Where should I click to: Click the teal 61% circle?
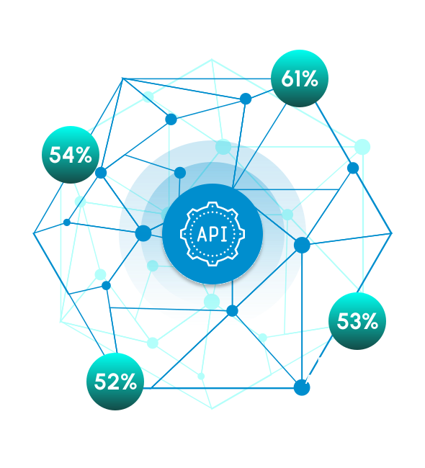pyautogui.click(x=300, y=78)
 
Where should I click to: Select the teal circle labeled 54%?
pyautogui.click(x=71, y=155)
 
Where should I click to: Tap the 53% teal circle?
pyautogui.click(x=357, y=321)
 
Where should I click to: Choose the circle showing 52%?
pyautogui.click(x=115, y=382)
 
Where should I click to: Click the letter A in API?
pyautogui.click(x=202, y=234)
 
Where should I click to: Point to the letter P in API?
pyautogui.click(x=214, y=234)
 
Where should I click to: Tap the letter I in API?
pyautogui.click(x=224, y=234)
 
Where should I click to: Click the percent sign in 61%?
pyautogui.click(x=310, y=79)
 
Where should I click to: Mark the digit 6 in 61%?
pyautogui.click(x=288, y=78)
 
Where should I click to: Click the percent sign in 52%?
pyautogui.click(x=127, y=382)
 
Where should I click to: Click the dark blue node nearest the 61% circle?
pyautogui.click(x=246, y=99)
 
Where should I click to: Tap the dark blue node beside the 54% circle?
pyautogui.click(x=101, y=173)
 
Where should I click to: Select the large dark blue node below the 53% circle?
pyautogui.click(x=302, y=387)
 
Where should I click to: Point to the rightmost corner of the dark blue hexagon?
pyautogui.click(x=392, y=233)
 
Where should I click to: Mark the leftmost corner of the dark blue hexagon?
pyautogui.click(x=33, y=233)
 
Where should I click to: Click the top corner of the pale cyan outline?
pyautogui.click(x=212, y=59)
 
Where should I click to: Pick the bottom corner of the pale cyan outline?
pyautogui.click(x=212, y=409)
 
